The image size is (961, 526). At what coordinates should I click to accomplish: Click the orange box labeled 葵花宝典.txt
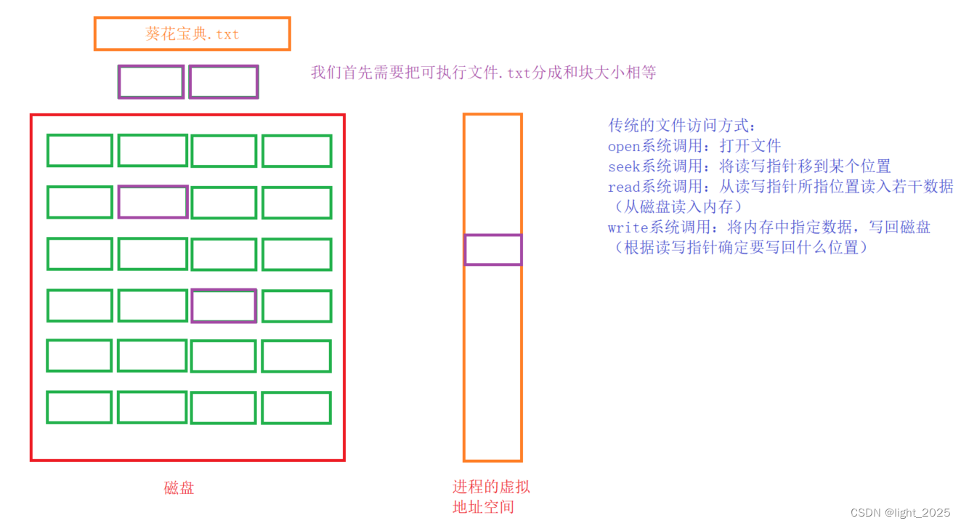pos(192,34)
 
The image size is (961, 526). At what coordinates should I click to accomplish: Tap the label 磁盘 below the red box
pos(179,488)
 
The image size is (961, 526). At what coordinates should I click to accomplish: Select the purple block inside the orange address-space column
pos(492,250)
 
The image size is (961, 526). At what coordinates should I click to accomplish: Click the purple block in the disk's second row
pos(153,202)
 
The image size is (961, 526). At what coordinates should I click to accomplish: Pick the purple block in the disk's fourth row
pos(224,306)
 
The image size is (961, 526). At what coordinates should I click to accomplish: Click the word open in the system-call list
pos(623,146)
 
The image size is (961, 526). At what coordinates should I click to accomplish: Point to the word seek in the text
pos(623,166)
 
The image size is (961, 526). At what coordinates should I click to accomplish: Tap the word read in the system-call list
pos(623,187)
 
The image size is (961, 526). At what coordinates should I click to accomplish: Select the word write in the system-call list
pos(627,227)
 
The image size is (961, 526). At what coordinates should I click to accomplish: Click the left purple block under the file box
pos(151,82)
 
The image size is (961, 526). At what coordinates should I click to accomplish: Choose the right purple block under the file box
pos(223,82)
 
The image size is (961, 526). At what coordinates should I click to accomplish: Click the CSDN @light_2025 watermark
pos(900,512)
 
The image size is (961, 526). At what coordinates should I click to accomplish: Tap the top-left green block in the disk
pos(80,150)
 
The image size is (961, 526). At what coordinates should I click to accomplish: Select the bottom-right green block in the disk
pos(296,408)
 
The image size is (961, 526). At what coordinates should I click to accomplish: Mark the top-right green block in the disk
pos(296,151)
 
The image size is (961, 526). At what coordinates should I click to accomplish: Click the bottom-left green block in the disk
pos(79,408)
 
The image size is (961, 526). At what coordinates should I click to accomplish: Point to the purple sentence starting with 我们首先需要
pos(484,73)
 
